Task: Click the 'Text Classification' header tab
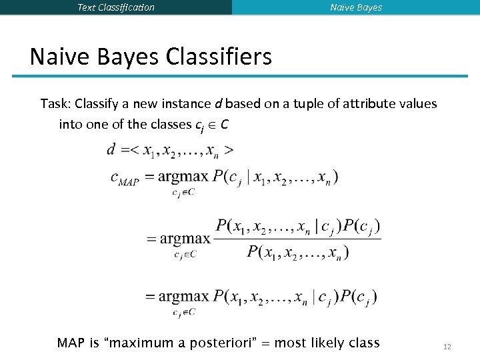116,7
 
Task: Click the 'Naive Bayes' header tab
356,7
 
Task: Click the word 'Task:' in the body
56,104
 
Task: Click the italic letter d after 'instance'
217,104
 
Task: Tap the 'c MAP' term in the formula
124,179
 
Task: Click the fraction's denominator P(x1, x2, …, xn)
297,251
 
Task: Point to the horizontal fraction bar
297,239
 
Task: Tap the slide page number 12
447,347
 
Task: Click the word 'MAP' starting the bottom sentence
71,343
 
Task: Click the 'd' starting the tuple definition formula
111,149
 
